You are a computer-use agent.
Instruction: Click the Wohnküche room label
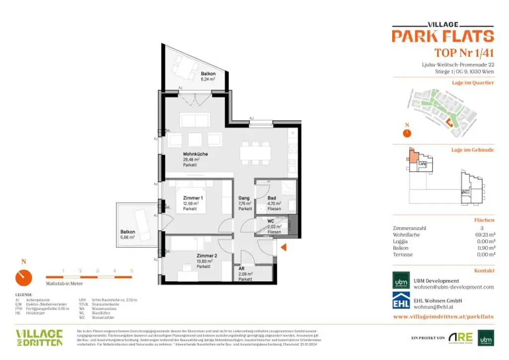(x=195, y=154)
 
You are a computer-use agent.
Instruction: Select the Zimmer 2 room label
(x=206, y=256)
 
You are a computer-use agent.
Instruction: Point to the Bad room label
(x=271, y=198)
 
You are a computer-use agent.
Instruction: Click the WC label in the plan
(x=271, y=221)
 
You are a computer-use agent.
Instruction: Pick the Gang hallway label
(x=244, y=198)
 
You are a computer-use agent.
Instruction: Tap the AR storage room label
(x=242, y=269)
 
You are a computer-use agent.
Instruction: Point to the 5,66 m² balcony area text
(x=127, y=237)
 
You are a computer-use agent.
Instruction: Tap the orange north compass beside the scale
(x=23, y=277)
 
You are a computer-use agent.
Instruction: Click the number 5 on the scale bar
(x=131, y=270)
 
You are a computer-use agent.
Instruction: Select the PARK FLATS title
(x=442, y=36)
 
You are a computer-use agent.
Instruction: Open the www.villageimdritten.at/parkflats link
(x=443, y=316)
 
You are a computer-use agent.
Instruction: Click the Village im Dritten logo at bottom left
(x=39, y=337)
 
